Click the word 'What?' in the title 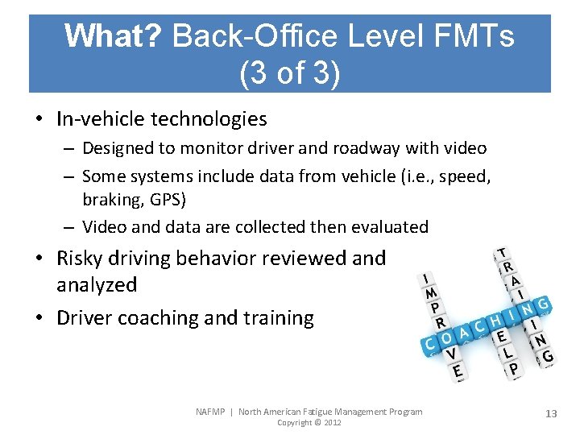pyautogui.click(x=113, y=36)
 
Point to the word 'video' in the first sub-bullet pyautogui.click(x=465, y=148)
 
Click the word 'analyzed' pyautogui.click(x=97, y=284)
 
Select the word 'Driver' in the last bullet pyautogui.click(x=84, y=318)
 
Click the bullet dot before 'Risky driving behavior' pyautogui.click(x=40, y=259)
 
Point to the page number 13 pyautogui.click(x=551, y=413)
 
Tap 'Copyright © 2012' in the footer pyautogui.click(x=309, y=423)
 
